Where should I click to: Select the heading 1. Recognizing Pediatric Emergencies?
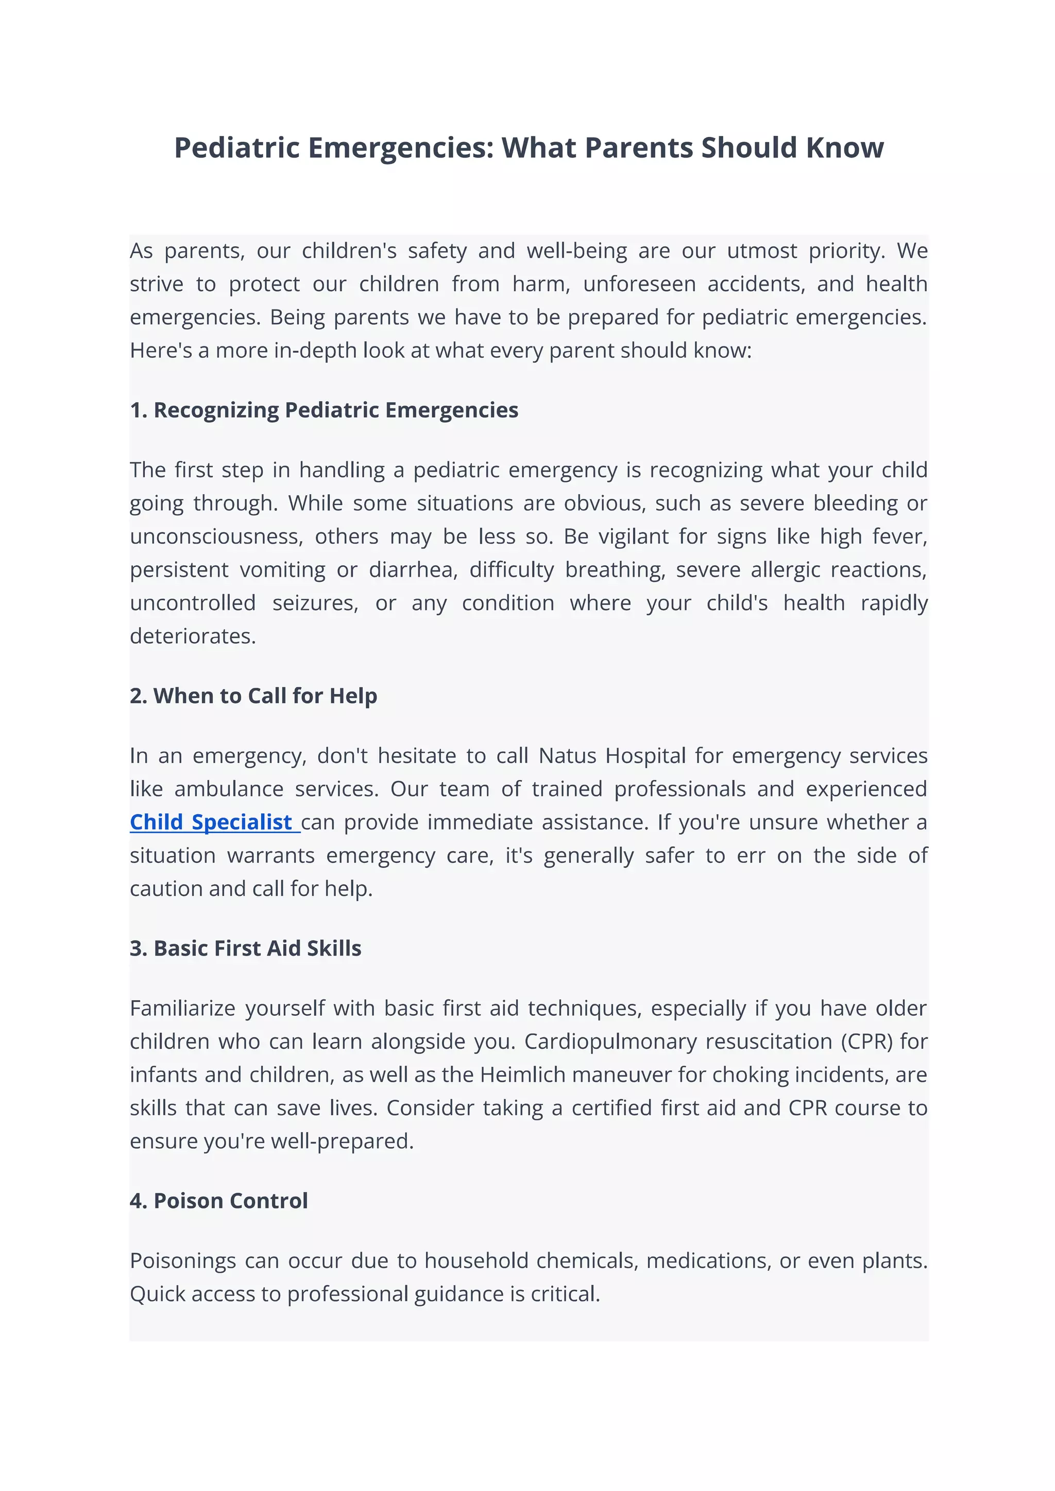tap(324, 410)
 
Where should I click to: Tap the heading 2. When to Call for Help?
tap(253, 696)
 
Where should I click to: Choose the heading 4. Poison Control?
tap(218, 1201)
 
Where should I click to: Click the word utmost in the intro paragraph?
tap(761, 251)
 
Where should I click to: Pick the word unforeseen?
tap(639, 284)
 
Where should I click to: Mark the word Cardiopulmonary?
tap(610, 1042)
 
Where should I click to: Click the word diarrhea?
tap(413, 569)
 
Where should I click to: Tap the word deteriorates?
tap(193, 636)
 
